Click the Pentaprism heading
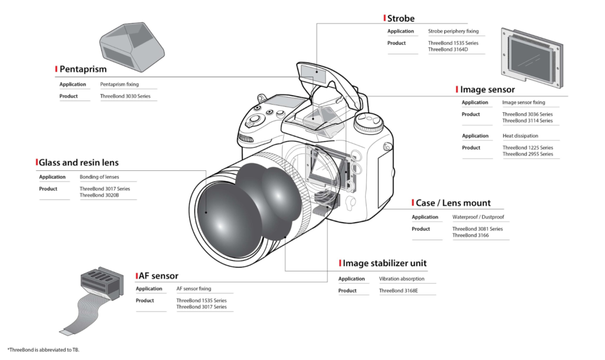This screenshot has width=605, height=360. pos(83,69)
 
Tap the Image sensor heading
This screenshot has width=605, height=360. pos(487,90)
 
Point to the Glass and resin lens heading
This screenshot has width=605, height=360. pos(79,162)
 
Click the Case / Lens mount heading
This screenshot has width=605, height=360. pos(453,203)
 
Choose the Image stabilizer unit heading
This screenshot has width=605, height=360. pos(385,263)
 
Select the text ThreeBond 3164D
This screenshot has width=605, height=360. pos(448,50)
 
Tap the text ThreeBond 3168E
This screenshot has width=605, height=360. pos(398,290)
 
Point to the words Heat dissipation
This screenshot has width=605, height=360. pos(521,136)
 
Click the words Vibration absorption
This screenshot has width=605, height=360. pos(401,278)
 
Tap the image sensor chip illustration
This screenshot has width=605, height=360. pos(530,54)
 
